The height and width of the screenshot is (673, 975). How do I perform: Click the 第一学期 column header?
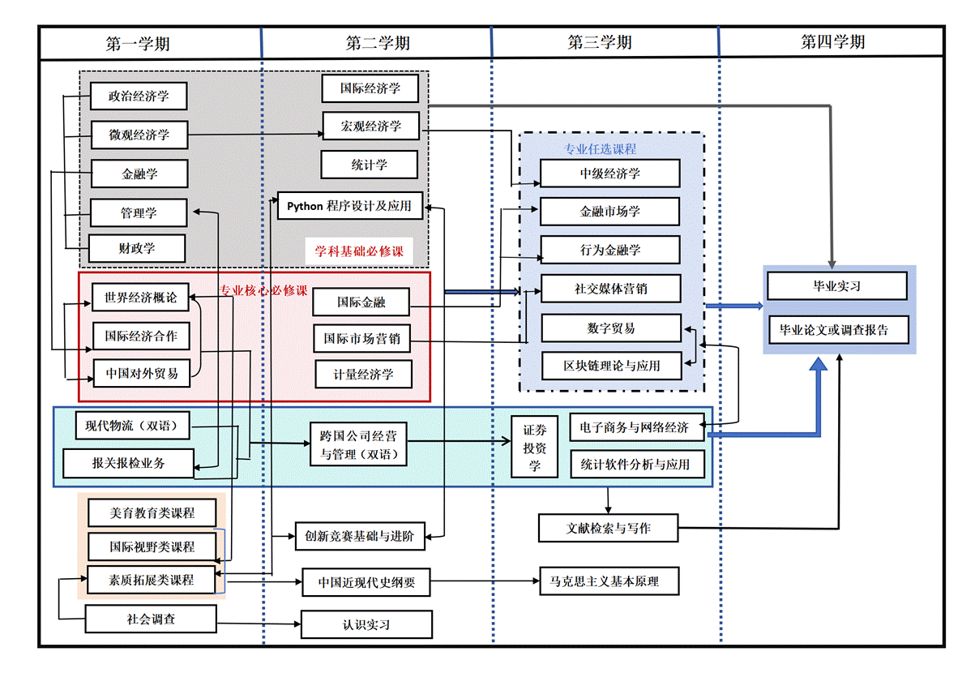click(x=138, y=44)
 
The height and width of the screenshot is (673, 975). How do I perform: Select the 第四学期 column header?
click(x=832, y=42)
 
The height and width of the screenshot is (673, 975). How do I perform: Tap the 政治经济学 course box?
click(x=139, y=96)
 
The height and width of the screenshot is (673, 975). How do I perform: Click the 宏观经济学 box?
click(x=370, y=126)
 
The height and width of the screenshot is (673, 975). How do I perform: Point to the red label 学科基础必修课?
click(x=359, y=251)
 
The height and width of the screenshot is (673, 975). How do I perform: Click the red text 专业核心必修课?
click(x=264, y=290)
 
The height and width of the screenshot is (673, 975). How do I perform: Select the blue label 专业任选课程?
click(x=600, y=149)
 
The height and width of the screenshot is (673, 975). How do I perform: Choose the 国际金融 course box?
click(x=361, y=302)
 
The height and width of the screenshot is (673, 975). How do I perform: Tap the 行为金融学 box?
click(x=609, y=250)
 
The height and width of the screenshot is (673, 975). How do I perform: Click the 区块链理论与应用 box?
click(x=612, y=366)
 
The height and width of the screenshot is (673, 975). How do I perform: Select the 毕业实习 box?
click(x=836, y=286)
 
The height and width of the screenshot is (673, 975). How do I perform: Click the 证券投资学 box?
click(x=534, y=447)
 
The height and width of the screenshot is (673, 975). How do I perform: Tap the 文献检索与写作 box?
click(x=608, y=529)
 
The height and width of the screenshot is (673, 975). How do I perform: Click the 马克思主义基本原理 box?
click(x=609, y=581)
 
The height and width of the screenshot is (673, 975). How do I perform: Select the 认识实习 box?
click(x=366, y=625)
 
